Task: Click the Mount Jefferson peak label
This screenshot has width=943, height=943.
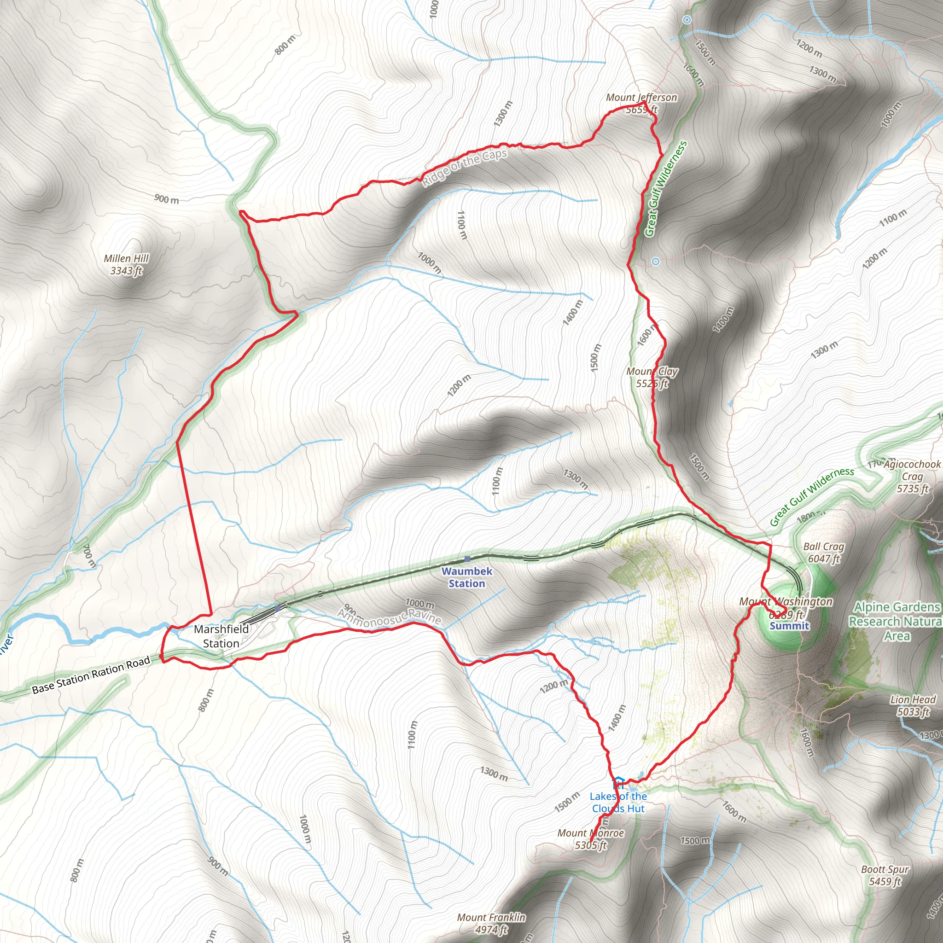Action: (x=641, y=103)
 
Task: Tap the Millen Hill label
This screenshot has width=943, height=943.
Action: (x=126, y=264)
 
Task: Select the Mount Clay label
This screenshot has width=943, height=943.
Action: (x=652, y=377)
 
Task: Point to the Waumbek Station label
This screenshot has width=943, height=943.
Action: (x=466, y=577)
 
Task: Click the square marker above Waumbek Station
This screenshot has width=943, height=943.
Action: (x=467, y=559)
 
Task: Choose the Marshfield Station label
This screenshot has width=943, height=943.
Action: (x=221, y=636)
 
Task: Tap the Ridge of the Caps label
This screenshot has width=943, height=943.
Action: (x=465, y=168)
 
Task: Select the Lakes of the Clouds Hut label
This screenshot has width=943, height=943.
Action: (x=618, y=802)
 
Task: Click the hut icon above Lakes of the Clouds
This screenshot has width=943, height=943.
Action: (x=618, y=783)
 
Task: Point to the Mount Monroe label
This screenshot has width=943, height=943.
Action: (x=591, y=839)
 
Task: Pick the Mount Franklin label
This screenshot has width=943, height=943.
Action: (x=491, y=923)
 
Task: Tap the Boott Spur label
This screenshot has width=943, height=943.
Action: (x=885, y=875)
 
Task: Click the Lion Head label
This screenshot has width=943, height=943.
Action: (x=913, y=706)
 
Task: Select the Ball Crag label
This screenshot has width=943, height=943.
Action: (x=824, y=552)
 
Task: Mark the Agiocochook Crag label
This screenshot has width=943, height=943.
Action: (x=912, y=476)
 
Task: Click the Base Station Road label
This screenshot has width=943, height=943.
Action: (x=91, y=675)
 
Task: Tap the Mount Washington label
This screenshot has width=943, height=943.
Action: (x=786, y=607)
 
